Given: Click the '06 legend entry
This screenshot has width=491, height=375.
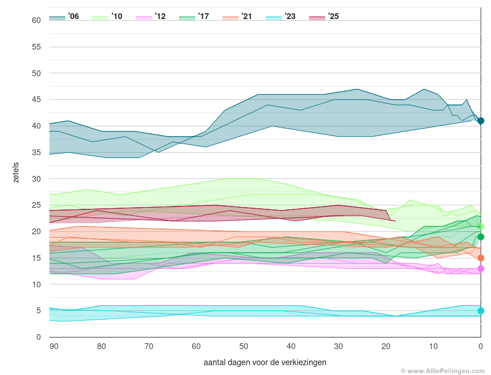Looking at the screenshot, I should tap(64, 17).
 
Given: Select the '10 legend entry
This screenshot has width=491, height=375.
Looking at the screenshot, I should tap(107, 17).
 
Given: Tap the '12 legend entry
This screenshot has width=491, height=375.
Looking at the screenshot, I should tap(151, 17).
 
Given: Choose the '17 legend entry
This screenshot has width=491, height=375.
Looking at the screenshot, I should tap(194, 17).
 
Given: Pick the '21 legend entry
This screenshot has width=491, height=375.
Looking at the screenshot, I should tap(237, 17).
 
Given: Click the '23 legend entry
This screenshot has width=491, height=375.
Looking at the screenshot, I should tap(281, 17).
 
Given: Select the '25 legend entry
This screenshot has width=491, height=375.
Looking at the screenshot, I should tap(324, 17).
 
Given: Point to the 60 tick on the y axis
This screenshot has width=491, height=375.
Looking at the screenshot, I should tap(36, 20).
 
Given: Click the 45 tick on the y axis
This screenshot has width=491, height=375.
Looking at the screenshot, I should tap(36, 100).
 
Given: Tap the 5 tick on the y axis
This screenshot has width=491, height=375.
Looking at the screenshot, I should tap(38, 311).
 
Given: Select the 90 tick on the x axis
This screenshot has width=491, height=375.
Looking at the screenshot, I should tap(54, 346).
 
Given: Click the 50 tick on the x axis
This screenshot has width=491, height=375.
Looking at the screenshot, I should tap(244, 346).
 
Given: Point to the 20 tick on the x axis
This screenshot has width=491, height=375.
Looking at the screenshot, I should tap(386, 346).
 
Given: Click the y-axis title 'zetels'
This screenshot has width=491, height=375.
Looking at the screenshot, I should tap(16, 172).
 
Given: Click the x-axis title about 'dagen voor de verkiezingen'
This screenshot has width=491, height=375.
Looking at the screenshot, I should tap(265, 362).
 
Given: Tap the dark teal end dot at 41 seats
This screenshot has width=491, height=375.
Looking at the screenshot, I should tap(481, 121).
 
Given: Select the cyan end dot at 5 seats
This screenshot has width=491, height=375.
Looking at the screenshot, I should tap(481, 311).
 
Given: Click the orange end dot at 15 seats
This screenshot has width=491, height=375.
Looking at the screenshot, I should tap(481, 258).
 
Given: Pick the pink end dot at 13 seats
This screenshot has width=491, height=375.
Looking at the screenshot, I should tap(481, 268).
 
